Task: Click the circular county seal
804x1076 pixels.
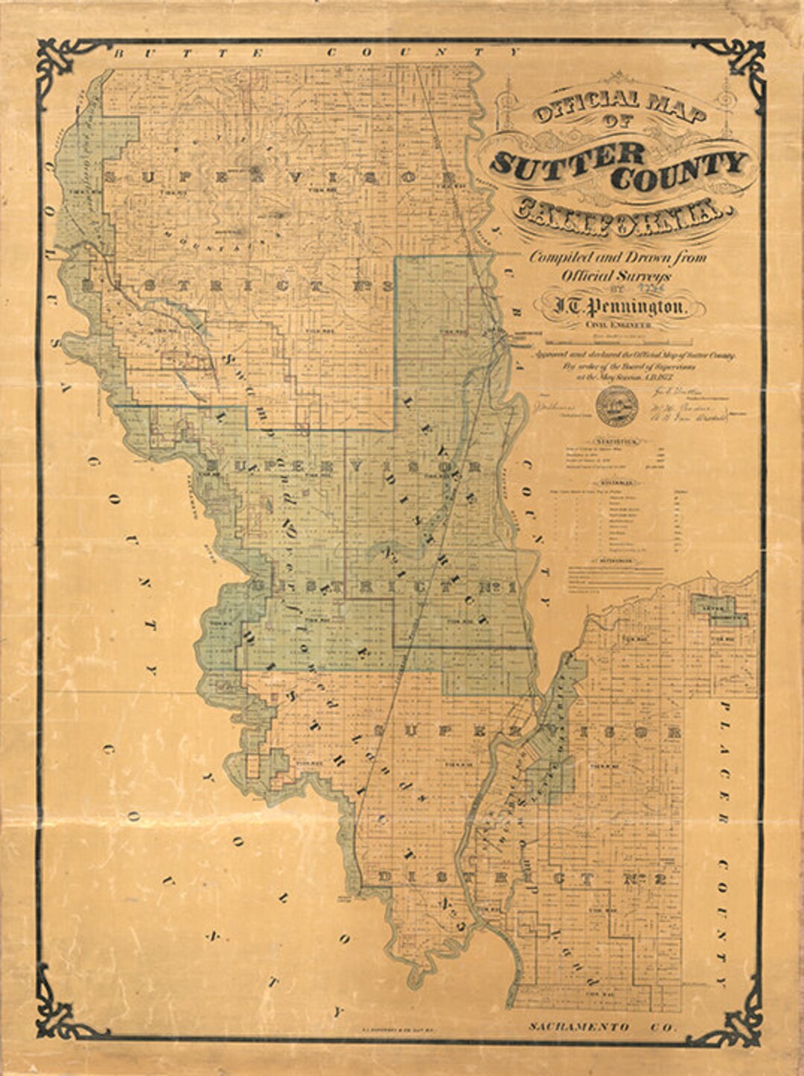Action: (617, 406)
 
